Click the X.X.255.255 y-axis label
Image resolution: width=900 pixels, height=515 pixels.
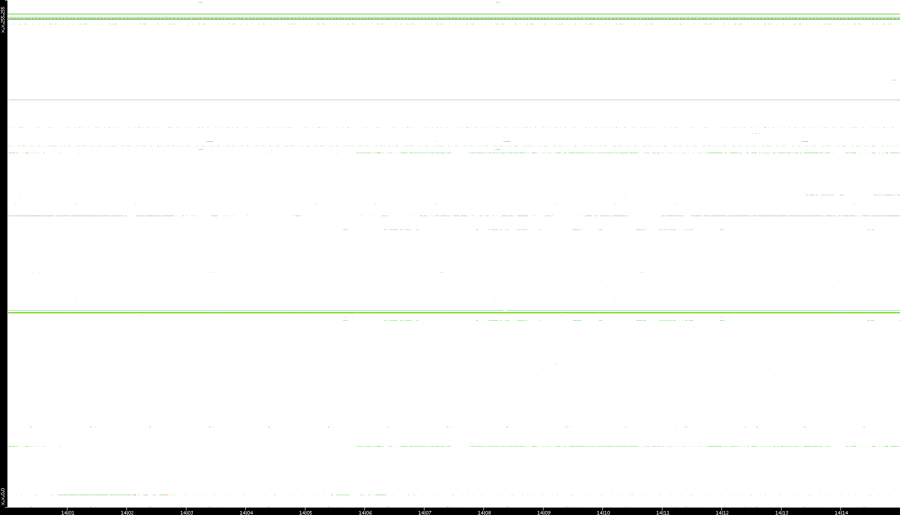click(x=3, y=20)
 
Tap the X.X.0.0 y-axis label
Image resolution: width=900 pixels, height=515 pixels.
click(x=3, y=497)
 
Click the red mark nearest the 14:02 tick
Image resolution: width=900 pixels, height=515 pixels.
click(x=134, y=495)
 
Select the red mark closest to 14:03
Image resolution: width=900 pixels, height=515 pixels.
click(x=167, y=495)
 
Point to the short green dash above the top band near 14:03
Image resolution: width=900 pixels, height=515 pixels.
click(x=200, y=2)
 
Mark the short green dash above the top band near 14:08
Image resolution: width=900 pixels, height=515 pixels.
click(x=498, y=2)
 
